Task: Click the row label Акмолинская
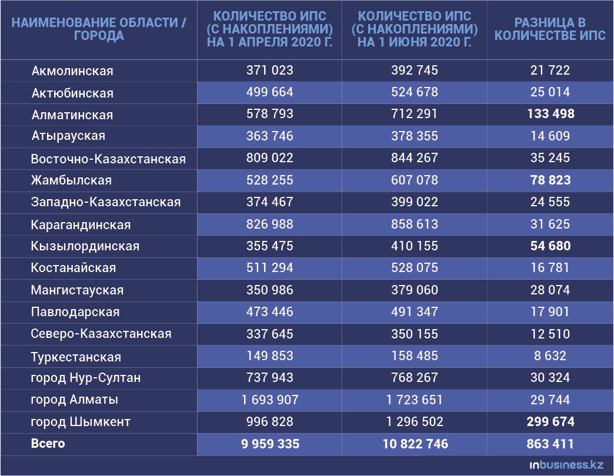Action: point(72,71)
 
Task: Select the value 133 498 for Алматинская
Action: point(550,114)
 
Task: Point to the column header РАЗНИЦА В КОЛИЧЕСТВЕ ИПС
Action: point(550,29)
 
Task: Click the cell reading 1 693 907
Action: point(270,400)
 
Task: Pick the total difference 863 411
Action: point(550,444)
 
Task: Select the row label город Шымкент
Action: point(81,422)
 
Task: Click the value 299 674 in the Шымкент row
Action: point(550,422)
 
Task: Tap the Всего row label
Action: point(48,444)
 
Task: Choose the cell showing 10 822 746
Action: point(415,444)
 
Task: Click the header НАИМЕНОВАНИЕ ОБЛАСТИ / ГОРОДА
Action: point(99,29)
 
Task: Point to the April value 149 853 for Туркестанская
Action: point(270,356)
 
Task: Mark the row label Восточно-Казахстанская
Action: point(108,159)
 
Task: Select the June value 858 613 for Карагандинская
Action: point(415,224)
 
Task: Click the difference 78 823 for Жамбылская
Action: point(550,180)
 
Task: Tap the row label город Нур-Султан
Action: point(86,378)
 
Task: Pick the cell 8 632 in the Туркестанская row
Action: point(550,356)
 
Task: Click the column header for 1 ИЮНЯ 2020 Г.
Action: point(415,29)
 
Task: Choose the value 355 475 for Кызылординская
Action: point(270,246)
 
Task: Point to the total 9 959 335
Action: point(270,444)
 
